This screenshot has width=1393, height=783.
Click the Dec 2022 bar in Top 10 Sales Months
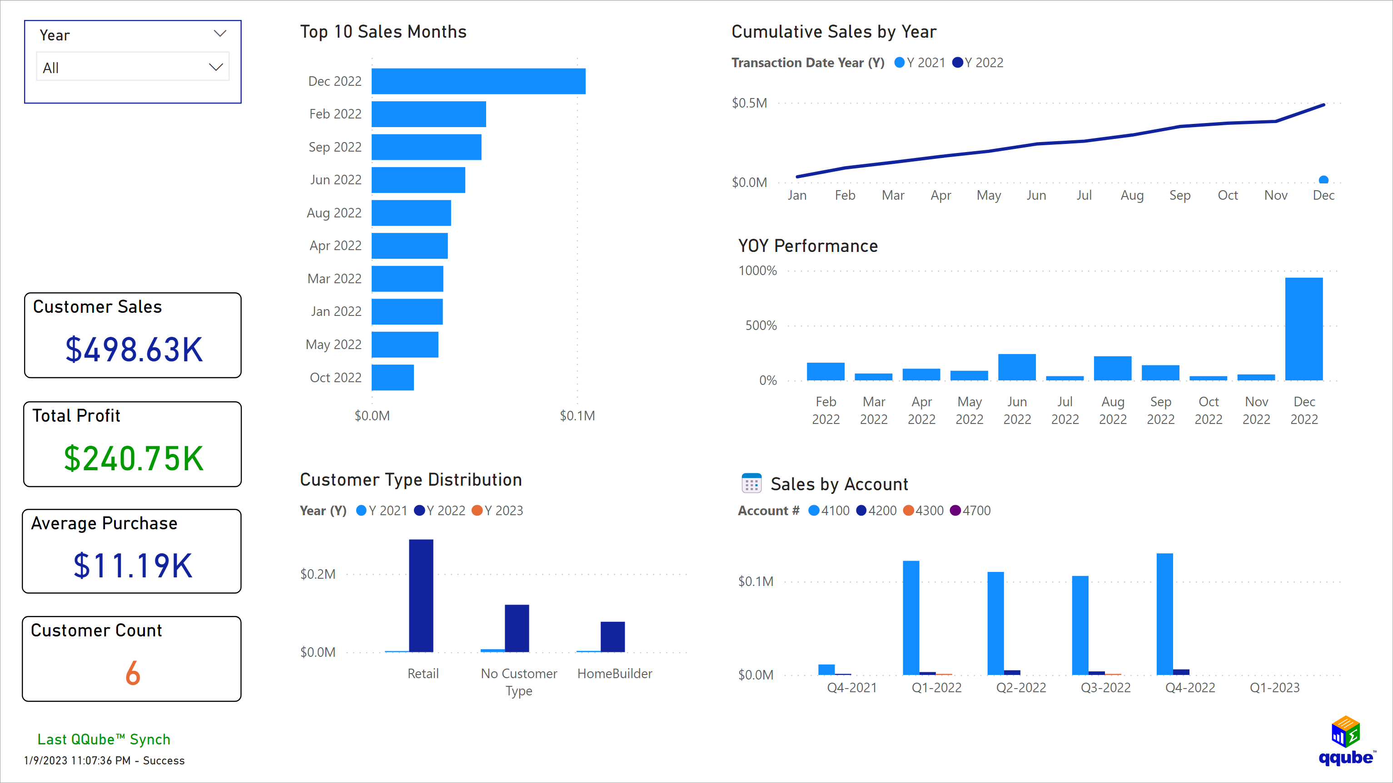[478, 81]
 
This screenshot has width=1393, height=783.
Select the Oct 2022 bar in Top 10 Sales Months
[393, 377]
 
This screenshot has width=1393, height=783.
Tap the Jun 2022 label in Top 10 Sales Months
[335, 180]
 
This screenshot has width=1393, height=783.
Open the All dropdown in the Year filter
[133, 68]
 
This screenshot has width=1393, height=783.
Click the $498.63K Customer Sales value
[134, 350]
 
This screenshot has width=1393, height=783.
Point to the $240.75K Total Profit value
[134, 458]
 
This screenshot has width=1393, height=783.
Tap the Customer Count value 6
[133, 673]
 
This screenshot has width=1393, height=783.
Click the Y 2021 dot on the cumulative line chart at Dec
[1323, 180]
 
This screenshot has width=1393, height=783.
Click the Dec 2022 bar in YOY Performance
[1304, 329]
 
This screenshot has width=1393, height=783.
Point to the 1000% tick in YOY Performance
[757, 271]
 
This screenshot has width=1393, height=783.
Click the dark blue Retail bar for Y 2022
[421, 596]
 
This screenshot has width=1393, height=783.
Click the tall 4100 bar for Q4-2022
[1164, 613]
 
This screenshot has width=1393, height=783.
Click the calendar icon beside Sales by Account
[751, 483]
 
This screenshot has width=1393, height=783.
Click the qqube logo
[1346, 741]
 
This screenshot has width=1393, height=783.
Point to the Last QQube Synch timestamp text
[104, 760]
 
